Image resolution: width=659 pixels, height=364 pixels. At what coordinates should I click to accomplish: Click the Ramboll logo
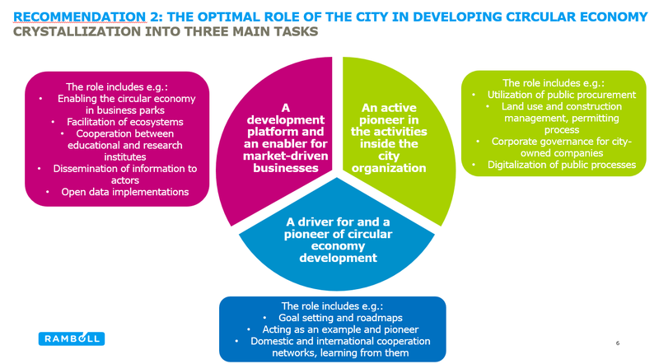[x=70, y=338]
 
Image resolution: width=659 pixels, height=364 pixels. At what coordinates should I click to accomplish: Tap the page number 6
[x=618, y=341]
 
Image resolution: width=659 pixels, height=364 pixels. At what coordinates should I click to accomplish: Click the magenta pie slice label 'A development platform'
[x=285, y=138]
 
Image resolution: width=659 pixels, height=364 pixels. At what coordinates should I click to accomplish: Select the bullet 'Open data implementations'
[x=124, y=192]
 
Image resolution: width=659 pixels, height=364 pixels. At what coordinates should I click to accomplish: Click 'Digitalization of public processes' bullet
[x=561, y=165]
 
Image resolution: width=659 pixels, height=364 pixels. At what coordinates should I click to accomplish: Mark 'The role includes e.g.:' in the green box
[x=553, y=82]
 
